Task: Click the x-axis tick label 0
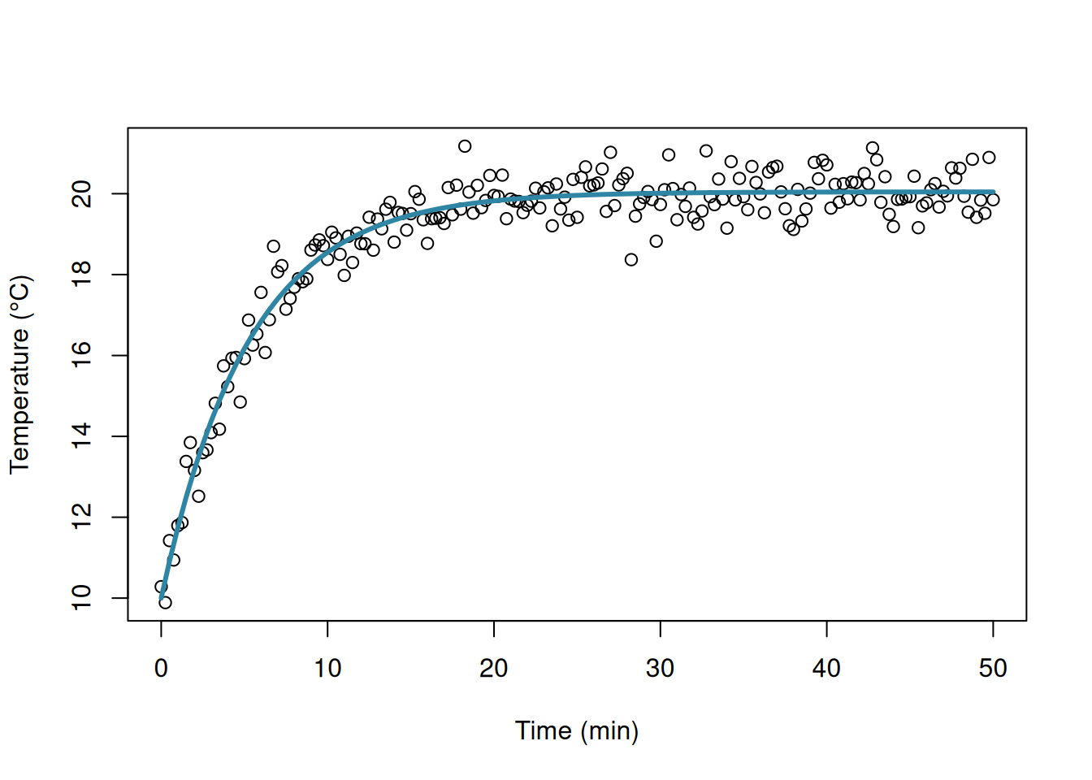click(x=161, y=669)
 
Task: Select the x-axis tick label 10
click(x=327, y=669)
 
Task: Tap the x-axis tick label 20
click(x=494, y=669)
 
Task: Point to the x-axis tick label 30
click(x=661, y=669)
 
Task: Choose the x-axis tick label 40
click(x=826, y=669)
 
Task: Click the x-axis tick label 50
click(x=993, y=669)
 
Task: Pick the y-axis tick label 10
click(x=82, y=598)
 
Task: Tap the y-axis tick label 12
click(x=82, y=518)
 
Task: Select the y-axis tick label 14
click(x=82, y=436)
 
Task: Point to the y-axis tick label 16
click(x=82, y=356)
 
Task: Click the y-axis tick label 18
click(x=82, y=275)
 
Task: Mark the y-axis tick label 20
click(x=82, y=194)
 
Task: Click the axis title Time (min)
click(x=577, y=731)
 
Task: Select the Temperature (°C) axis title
click(x=20, y=375)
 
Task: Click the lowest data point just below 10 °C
click(x=165, y=603)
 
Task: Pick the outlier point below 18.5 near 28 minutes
click(x=631, y=260)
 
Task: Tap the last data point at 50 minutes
click(x=993, y=200)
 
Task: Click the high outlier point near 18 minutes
click(x=465, y=146)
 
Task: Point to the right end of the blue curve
click(x=993, y=193)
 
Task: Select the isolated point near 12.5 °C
click(x=198, y=496)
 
